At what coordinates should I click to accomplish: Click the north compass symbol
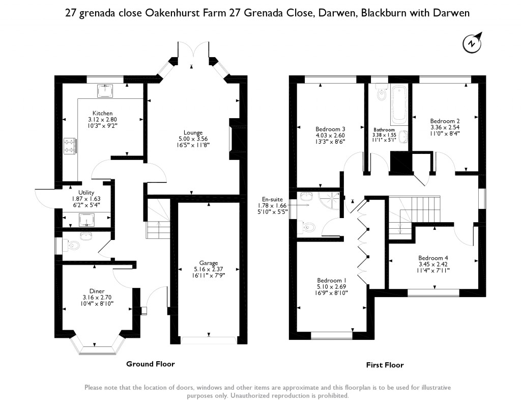472,42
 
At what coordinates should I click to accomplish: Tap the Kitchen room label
102,113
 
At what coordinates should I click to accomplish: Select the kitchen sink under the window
105,91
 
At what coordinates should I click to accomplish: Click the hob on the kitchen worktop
70,146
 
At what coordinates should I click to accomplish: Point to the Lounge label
193,132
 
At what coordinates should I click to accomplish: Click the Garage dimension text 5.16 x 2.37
209,269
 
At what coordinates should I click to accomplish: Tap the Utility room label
86,193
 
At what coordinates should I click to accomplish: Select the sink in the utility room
86,220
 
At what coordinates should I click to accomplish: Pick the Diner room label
97,291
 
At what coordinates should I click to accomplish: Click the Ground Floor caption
151,364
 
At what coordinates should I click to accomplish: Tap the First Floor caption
385,365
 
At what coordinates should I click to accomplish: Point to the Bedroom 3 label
330,129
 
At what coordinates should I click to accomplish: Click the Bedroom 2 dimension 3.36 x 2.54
445,127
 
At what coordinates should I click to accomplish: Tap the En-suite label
273,199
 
